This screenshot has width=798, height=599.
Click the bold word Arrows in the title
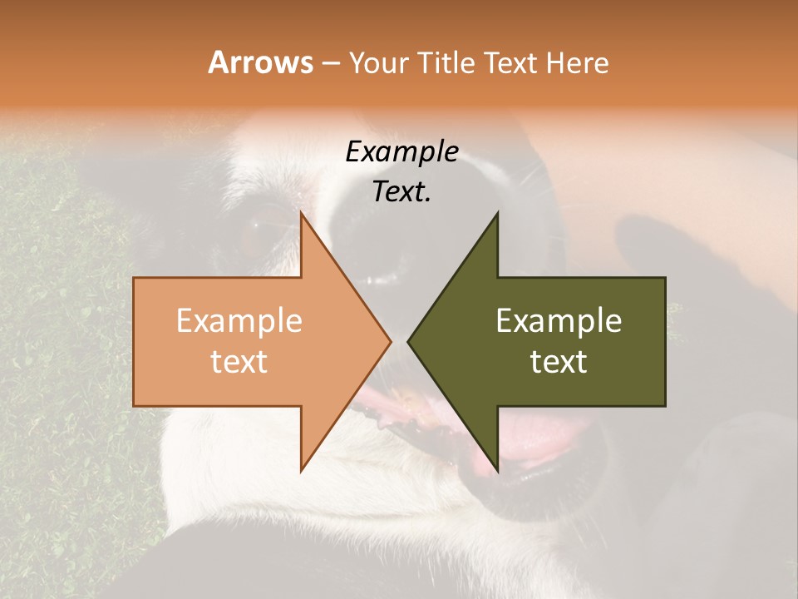pyautogui.click(x=260, y=62)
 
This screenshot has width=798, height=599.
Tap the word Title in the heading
pyautogui.click(x=448, y=62)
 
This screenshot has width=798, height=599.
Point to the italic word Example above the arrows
pyautogui.click(x=402, y=151)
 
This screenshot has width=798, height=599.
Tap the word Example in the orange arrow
pyautogui.click(x=239, y=320)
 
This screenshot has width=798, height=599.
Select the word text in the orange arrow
pyautogui.click(x=239, y=361)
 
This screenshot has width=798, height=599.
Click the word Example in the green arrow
pyautogui.click(x=559, y=320)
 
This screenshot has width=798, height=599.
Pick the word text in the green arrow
pyautogui.click(x=559, y=361)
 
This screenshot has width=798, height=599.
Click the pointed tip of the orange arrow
pyautogui.click(x=391, y=341)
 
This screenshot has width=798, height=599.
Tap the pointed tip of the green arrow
pyautogui.click(x=408, y=341)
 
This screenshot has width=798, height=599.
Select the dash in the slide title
pyautogui.click(x=330, y=63)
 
